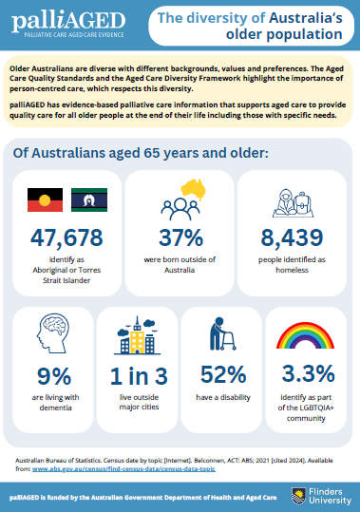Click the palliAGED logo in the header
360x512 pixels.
click(68, 25)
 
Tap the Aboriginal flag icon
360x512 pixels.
click(45, 199)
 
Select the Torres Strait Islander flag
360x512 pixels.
click(89, 199)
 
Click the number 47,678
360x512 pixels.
click(66, 237)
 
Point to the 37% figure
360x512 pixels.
click(180, 237)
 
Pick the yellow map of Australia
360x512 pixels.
click(194, 189)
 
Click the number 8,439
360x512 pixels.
click(292, 237)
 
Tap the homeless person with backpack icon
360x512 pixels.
click(294, 203)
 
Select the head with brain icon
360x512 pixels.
click(53, 333)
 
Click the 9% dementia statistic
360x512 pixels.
click(54, 376)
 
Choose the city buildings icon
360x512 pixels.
click(137, 335)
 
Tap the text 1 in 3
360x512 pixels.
click(139, 376)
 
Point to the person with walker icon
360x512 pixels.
click(222, 333)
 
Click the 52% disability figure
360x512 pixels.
click(223, 374)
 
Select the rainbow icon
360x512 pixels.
click(305, 335)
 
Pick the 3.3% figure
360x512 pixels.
click(308, 373)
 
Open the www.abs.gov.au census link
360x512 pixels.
click(123, 469)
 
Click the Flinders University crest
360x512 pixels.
click(298, 496)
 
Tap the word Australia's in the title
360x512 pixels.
click(306, 18)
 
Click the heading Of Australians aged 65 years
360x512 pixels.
click(141, 153)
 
